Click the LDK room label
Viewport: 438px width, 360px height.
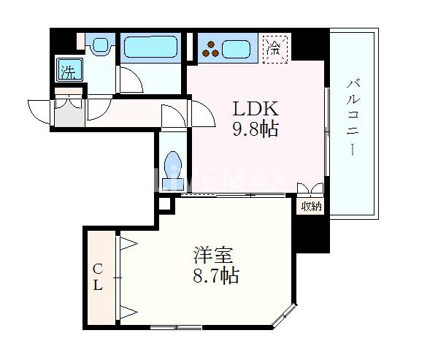click(x=256, y=109)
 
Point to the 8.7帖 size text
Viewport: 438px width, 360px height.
click(x=216, y=277)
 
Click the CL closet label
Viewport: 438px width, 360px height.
click(x=98, y=278)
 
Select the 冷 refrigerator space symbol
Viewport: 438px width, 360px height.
click(x=275, y=50)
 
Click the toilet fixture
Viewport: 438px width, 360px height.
click(x=174, y=166)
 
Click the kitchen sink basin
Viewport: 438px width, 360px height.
click(x=238, y=50)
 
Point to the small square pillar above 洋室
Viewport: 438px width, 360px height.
click(x=164, y=205)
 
